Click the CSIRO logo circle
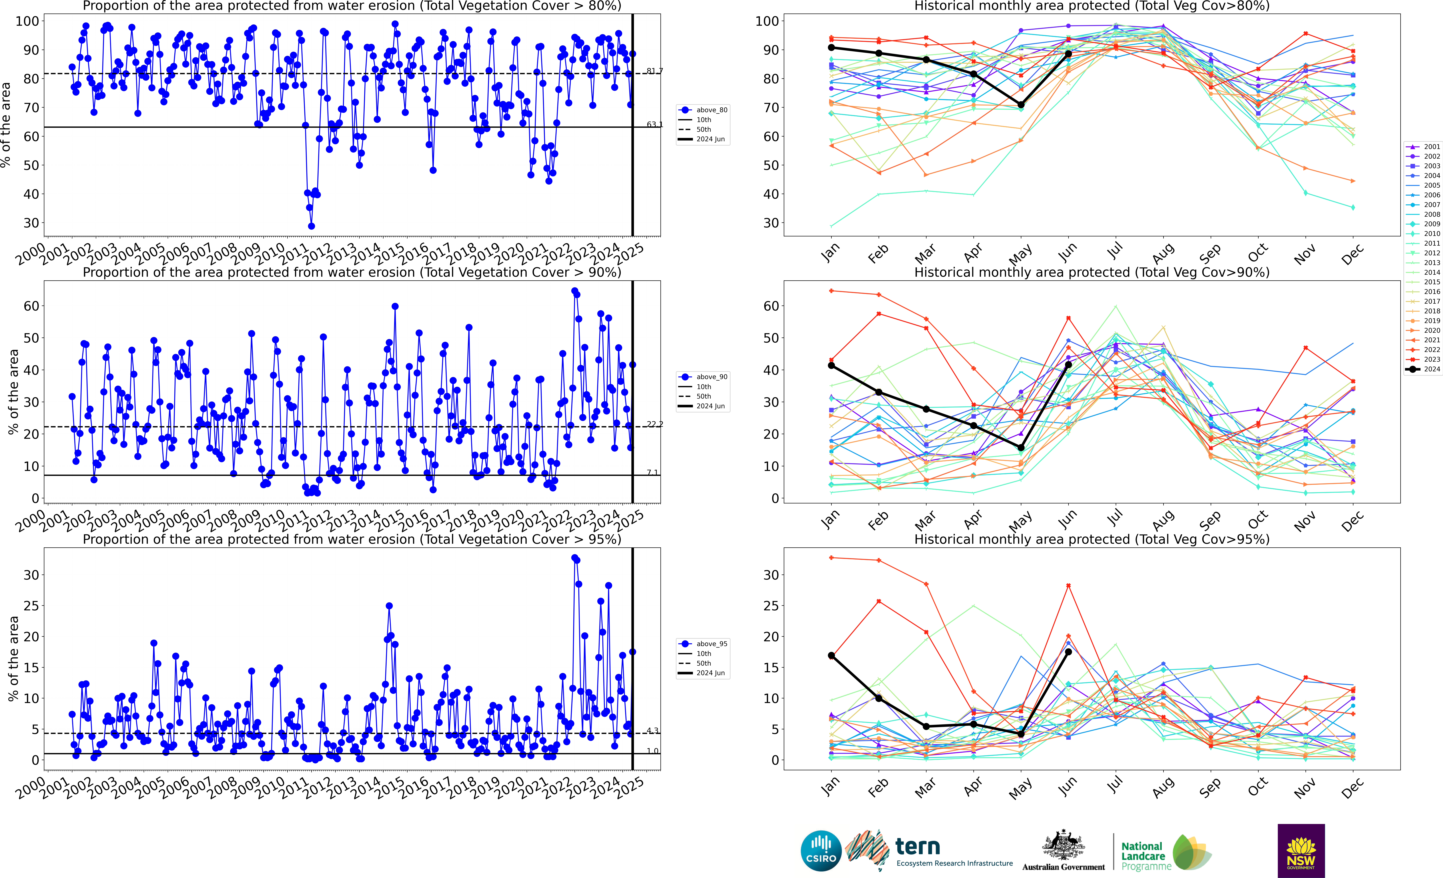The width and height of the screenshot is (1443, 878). pyautogui.click(x=821, y=850)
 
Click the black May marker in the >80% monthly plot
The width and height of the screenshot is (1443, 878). pyautogui.click(x=1021, y=105)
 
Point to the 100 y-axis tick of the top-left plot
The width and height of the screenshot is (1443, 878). pyautogui.click(x=27, y=21)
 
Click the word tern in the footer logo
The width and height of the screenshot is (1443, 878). pyautogui.click(x=918, y=846)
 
